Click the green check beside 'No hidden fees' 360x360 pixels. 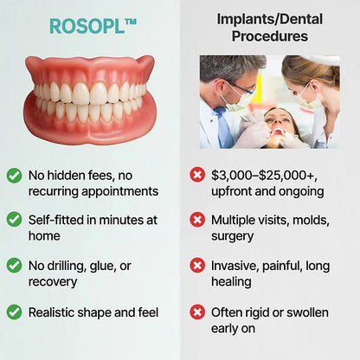pos(15,175)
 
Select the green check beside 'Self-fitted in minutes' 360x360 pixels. pos(15,220)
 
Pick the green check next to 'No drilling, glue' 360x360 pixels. pos(15,266)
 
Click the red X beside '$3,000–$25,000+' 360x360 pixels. pos(197,175)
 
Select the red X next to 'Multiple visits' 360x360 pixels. pos(197,220)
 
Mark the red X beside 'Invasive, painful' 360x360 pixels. pos(197,266)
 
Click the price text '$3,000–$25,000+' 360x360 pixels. pos(265,175)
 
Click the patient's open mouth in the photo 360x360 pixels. pos(279,132)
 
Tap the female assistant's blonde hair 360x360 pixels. pos(316,71)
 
